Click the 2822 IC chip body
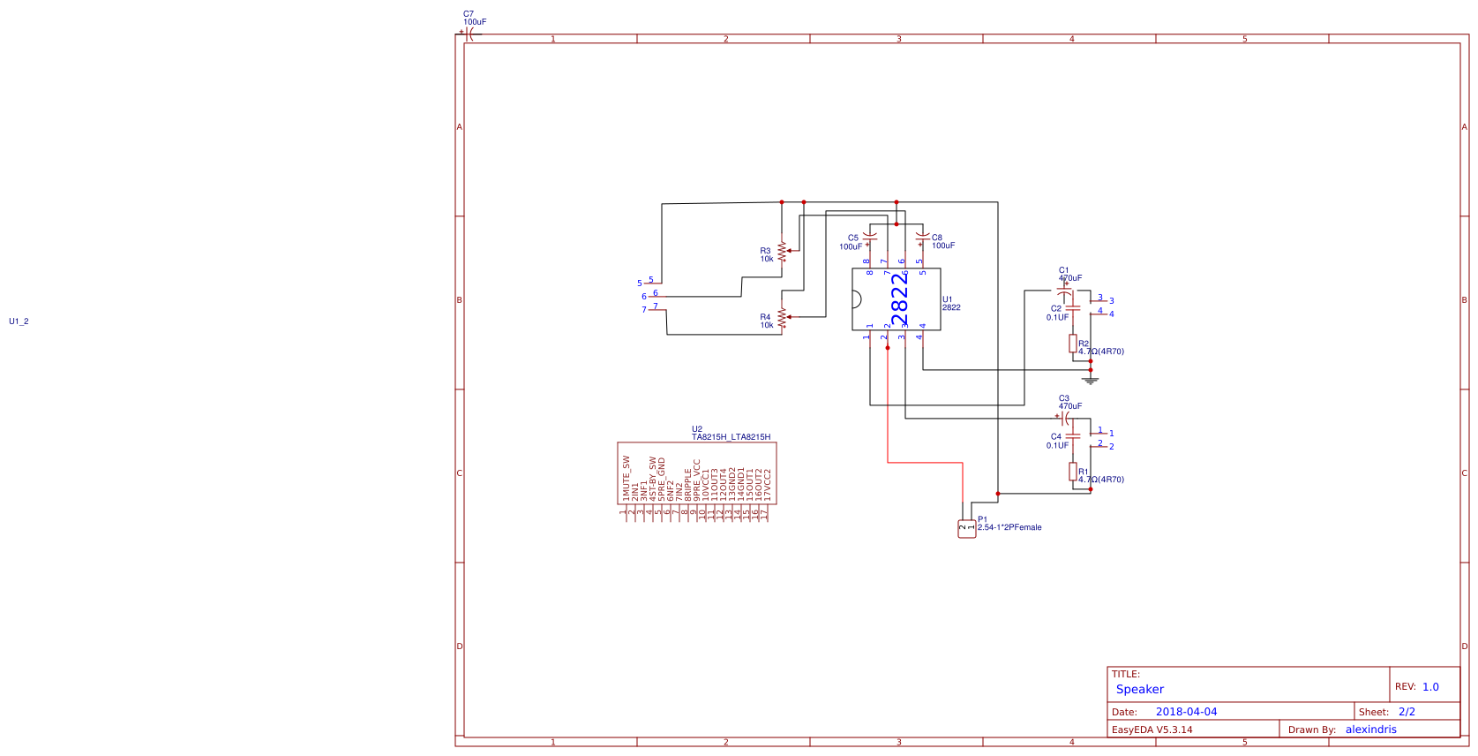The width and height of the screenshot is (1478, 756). pyautogui.click(x=896, y=299)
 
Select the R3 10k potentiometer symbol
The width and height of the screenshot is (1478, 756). pyautogui.click(x=782, y=251)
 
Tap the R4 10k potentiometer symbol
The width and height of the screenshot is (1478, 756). pyautogui.click(x=782, y=317)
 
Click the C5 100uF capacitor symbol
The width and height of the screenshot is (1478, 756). pyautogui.click(x=870, y=238)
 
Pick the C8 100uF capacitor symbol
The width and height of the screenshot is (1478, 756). pyautogui.click(x=922, y=238)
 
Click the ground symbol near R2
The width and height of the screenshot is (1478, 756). pyautogui.click(x=1091, y=380)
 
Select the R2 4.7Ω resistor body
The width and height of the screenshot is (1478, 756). pyautogui.click(x=1073, y=344)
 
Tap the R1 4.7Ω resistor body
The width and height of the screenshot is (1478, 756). pyautogui.click(x=1073, y=472)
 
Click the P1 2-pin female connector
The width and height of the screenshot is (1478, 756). pyautogui.click(x=967, y=528)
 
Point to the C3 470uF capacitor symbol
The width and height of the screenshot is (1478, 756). pyautogui.click(x=1066, y=417)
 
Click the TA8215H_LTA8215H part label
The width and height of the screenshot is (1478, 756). pyautogui.click(x=731, y=437)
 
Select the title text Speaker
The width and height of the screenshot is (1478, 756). pyautogui.click(x=1139, y=690)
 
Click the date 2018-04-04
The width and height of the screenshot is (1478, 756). pyautogui.click(x=1186, y=712)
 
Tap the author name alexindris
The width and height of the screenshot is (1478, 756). pyautogui.click(x=1370, y=730)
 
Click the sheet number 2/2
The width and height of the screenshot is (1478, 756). pyautogui.click(x=1407, y=712)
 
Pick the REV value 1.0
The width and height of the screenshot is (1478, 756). pyautogui.click(x=1430, y=687)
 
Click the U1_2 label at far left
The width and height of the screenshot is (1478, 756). pyautogui.click(x=19, y=321)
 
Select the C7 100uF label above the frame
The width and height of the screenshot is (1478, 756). pyautogui.click(x=474, y=19)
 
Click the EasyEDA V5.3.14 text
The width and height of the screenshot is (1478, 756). pyautogui.click(x=1152, y=730)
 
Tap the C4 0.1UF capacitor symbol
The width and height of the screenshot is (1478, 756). pyautogui.click(x=1073, y=436)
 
